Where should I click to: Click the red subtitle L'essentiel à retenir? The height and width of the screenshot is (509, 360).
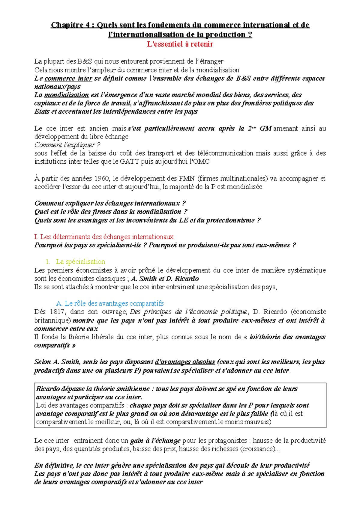[x=180, y=44]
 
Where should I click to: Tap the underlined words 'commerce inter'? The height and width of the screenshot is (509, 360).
[x=68, y=79]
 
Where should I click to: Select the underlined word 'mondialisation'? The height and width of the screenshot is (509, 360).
[x=66, y=95]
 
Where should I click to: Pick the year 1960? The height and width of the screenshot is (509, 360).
[x=102, y=179]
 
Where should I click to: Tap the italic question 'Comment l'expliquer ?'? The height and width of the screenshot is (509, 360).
[x=67, y=145]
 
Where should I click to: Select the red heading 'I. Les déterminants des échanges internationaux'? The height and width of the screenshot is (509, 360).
[x=104, y=237]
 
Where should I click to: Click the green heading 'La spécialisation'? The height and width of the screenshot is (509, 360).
[x=80, y=262]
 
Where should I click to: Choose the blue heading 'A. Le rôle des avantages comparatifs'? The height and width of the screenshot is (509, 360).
[x=110, y=303]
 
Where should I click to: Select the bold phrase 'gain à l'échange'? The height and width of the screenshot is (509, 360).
[x=155, y=441]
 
